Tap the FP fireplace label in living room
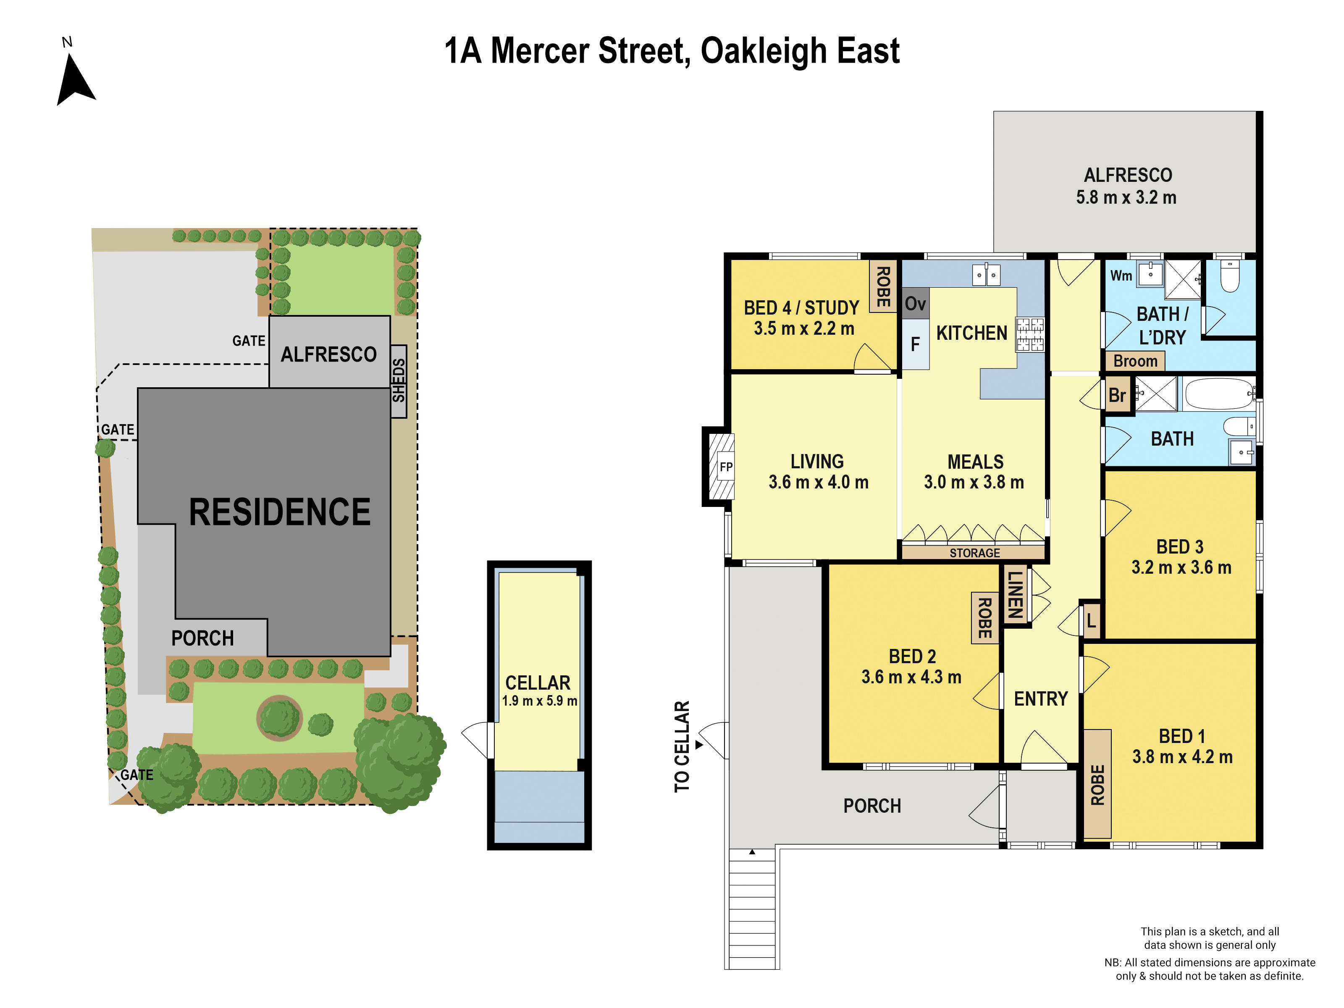tap(725, 467)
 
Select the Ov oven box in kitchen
tap(915, 303)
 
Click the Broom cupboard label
tap(1135, 361)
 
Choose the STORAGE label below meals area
tap(974, 553)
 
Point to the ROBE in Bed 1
tap(1097, 785)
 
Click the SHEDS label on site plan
tap(399, 381)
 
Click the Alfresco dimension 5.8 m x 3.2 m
tap(1126, 197)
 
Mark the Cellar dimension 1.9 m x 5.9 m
tap(539, 701)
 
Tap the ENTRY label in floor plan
tap(1041, 699)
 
